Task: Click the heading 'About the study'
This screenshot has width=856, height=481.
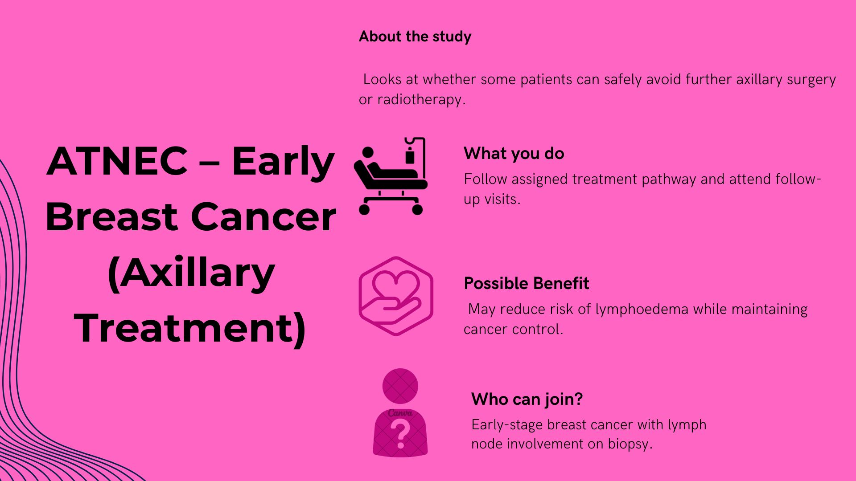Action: point(415,37)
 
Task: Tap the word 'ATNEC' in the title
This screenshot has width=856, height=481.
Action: point(117,161)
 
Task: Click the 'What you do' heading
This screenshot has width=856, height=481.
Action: point(514,154)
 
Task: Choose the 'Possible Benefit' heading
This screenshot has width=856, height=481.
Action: point(526,283)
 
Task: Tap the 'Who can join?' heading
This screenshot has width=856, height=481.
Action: point(527,399)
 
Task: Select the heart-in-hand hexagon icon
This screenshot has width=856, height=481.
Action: point(396,296)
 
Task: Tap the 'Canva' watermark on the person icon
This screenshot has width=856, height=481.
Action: point(400,413)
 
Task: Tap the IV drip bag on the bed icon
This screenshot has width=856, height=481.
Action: point(409,157)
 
